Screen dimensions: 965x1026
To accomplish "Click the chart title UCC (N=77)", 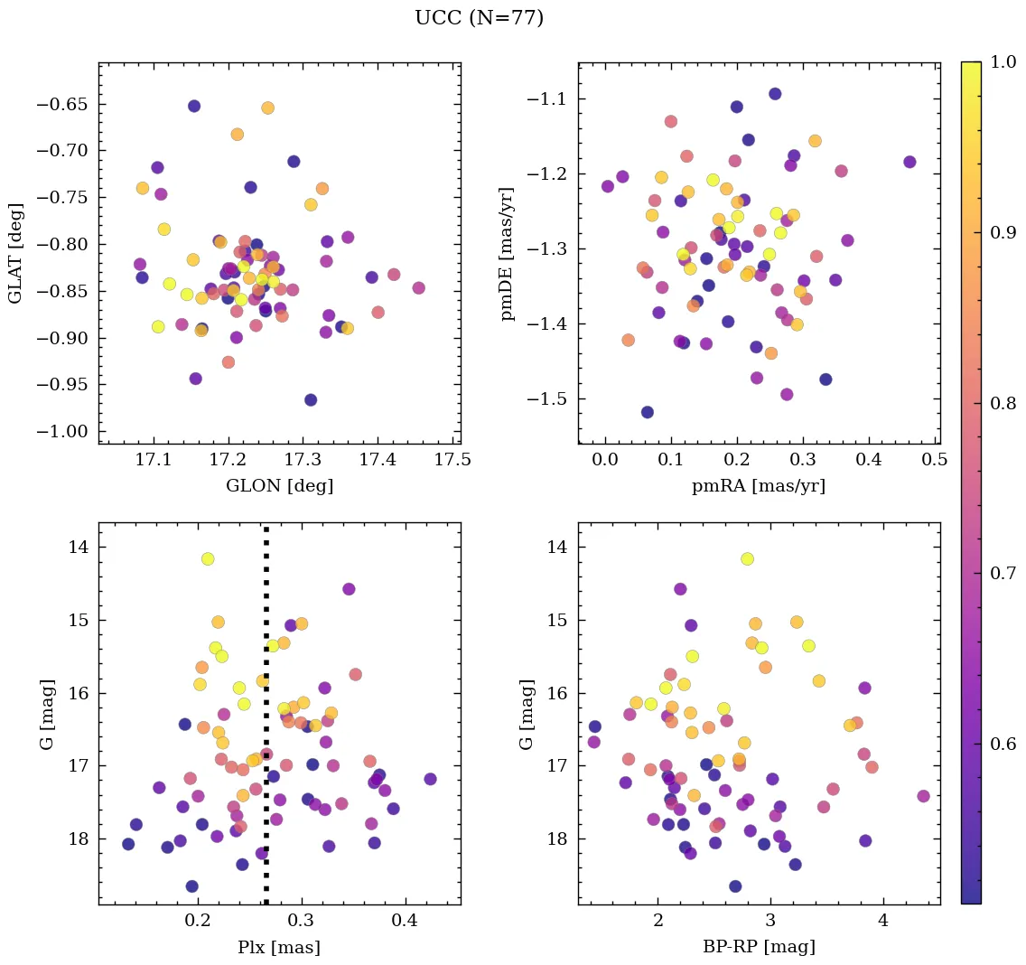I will tap(479, 18).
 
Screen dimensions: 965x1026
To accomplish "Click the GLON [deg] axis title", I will tap(279, 486).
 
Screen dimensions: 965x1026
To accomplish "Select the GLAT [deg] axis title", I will tap(15, 253).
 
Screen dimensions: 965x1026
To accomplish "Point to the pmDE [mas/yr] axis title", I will tap(508, 253).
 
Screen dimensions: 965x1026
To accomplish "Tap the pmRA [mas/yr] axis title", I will tap(759, 486).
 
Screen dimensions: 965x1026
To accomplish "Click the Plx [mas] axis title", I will tap(279, 948).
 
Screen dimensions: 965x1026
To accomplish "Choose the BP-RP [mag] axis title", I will tap(759, 948).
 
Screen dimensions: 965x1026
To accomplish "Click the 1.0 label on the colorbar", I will tap(1003, 62).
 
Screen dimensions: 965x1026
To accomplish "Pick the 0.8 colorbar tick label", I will tap(1003, 403).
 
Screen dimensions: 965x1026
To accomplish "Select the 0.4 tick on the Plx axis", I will tap(405, 922).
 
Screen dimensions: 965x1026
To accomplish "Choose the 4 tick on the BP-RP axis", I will tap(882, 922).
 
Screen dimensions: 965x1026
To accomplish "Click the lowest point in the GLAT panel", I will tap(311, 399).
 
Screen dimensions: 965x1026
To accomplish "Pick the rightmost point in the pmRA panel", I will tap(909, 162).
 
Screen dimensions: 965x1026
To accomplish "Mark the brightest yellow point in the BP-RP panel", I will tap(747, 558).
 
